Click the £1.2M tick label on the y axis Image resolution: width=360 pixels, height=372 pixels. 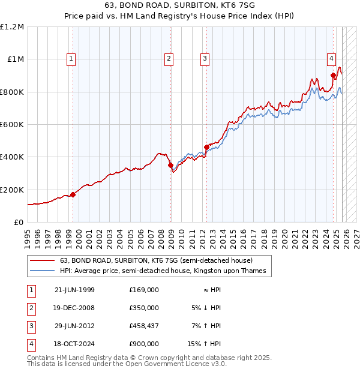(x=12, y=27)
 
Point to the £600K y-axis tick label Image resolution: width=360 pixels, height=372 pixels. (x=12, y=125)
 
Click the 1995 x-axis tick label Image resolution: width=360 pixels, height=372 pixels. (x=28, y=234)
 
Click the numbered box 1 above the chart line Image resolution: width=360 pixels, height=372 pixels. (x=71, y=59)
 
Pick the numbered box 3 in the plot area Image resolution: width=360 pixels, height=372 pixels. (x=205, y=59)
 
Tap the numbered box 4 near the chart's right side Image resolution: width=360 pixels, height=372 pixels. (x=331, y=59)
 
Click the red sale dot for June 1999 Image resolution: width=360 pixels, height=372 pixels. (x=73, y=194)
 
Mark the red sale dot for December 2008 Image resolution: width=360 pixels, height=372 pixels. (x=170, y=165)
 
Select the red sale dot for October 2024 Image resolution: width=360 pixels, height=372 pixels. (x=334, y=76)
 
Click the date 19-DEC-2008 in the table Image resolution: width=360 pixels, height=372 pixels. (x=74, y=308)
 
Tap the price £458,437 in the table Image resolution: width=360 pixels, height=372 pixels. (x=143, y=326)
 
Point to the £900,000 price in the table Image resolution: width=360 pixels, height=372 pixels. (x=143, y=344)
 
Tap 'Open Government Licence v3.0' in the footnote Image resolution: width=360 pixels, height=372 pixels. (x=175, y=364)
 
